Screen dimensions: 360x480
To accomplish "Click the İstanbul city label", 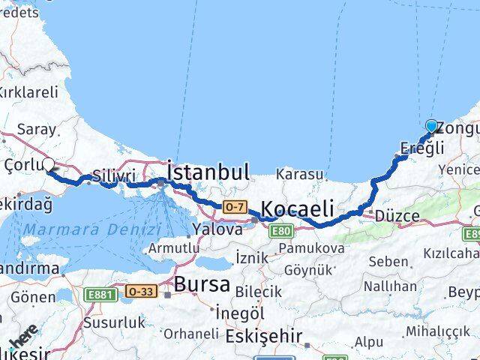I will coord(208,172).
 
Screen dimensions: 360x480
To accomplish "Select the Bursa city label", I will coord(202,284).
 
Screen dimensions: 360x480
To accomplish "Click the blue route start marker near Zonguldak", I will coord(431,126).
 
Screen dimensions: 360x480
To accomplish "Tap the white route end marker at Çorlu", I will coord(49,164).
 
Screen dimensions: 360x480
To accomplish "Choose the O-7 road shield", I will coord(232,206).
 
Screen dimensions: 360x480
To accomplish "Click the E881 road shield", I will coord(100,294).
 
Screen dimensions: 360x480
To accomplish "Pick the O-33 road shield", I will coord(140,292).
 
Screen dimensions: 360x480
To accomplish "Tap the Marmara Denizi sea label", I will coord(91,230).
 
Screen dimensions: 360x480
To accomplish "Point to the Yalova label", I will coord(217,229).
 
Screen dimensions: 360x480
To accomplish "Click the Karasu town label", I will coord(300,175).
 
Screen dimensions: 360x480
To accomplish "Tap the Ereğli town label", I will coord(417,148).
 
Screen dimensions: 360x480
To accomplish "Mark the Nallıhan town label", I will coord(390,286).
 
